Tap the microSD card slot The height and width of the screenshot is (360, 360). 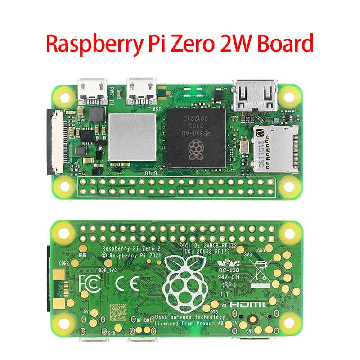pyautogui.click(x=274, y=148)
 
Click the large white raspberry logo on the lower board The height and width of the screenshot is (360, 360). pyautogui.click(x=185, y=284)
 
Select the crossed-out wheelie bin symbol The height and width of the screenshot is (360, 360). pyautogui.click(x=261, y=273)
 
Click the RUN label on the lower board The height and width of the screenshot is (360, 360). pyautogui.click(x=83, y=255)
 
